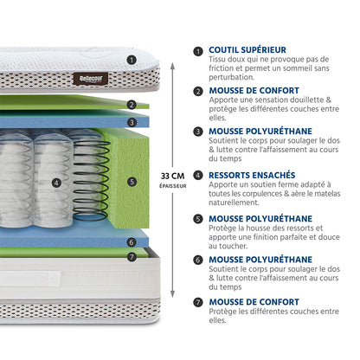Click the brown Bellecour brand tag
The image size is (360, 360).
point(91,79)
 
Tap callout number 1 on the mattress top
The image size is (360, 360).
point(132,60)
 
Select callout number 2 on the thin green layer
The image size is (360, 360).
point(132,105)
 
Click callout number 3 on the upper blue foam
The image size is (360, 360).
point(132,123)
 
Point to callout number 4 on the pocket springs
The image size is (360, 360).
point(56,183)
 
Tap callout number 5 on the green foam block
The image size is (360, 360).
point(132,182)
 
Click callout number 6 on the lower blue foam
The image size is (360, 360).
point(132,242)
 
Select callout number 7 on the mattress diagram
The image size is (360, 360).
point(132,256)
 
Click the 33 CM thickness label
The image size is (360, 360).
point(172,176)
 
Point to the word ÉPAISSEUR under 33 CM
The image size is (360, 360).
point(173,186)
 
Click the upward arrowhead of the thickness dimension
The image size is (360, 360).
point(172,66)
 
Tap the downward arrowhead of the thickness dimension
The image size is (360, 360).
point(172,294)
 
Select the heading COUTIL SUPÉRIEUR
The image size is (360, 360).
point(247,50)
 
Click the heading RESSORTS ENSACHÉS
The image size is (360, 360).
point(252,175)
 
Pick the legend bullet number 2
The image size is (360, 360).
point(198,92)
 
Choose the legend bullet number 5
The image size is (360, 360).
point(198,219)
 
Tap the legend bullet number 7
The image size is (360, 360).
point(198,302)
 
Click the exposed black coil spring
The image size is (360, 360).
point(91,180)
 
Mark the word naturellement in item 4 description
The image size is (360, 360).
point(234,202)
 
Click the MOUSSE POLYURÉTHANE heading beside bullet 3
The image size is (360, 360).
point(260,132)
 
